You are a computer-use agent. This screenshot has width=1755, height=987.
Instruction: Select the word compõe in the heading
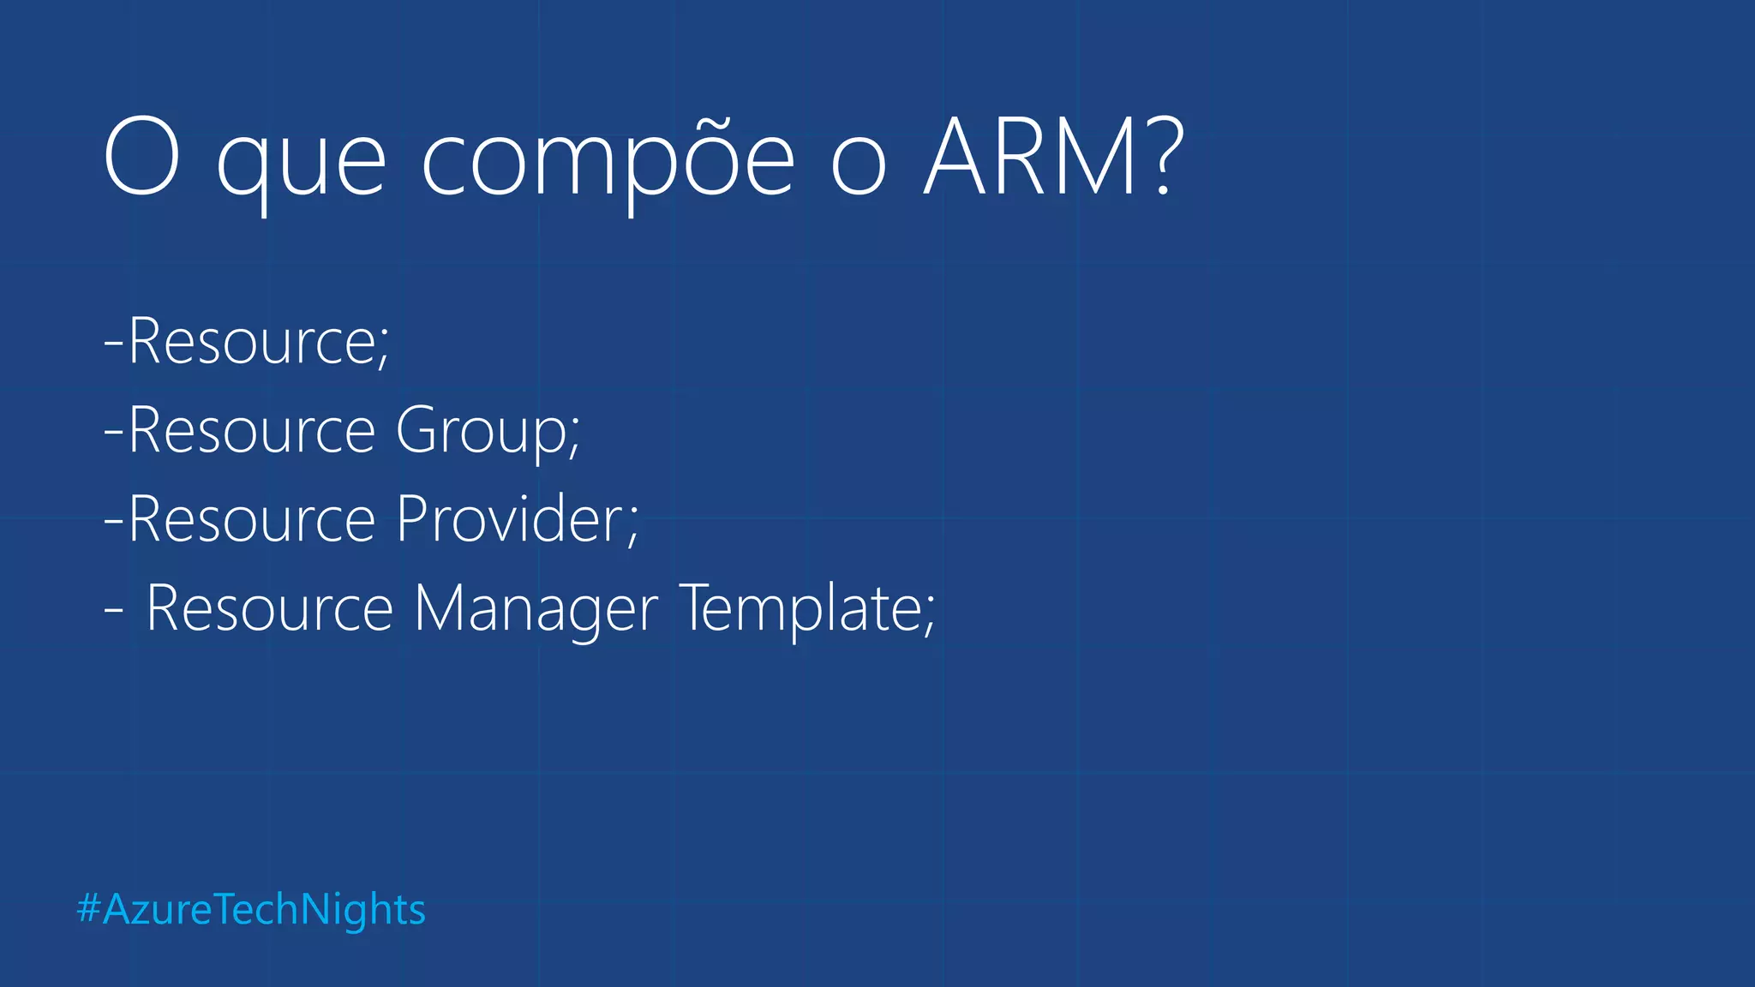(x=608, y=163)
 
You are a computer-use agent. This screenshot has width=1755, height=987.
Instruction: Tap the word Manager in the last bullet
(x=536, y=610)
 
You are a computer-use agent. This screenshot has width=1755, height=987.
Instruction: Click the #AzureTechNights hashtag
(x=251, y=909)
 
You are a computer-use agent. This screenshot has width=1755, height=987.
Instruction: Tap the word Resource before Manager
(x=269, y=608)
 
